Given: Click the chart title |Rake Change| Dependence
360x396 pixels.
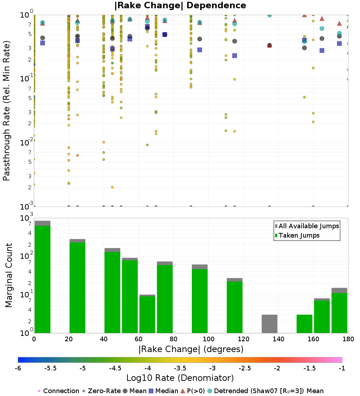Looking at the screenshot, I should coord(180,5).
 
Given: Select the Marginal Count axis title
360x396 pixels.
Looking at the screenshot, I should coord(9,275).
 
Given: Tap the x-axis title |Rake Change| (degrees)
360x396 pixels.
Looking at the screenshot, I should coord(191,349).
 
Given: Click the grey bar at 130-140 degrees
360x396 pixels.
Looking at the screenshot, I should coord(269,324).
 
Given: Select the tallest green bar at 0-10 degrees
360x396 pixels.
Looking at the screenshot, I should coord(42,279).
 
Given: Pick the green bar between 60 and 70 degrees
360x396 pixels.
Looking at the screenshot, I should coord(147,314).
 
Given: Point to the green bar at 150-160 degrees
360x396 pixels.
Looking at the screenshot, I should coord(304,324).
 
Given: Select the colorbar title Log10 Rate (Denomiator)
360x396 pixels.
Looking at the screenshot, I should coord(180,378).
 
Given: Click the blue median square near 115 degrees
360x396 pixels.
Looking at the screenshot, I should coord(234,56).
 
